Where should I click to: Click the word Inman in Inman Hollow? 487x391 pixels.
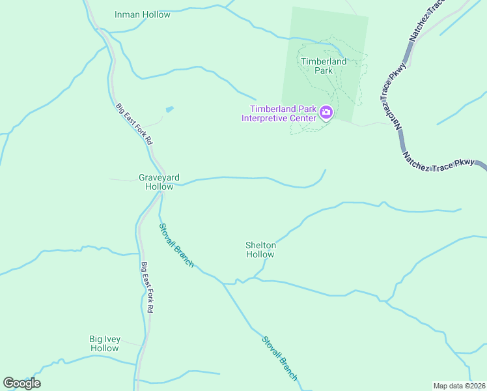coord(128,14)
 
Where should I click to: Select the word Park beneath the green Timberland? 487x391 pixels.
coord(324,70)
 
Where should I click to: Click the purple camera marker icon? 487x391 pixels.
coord(326,114)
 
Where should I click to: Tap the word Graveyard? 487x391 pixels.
coord(159,177)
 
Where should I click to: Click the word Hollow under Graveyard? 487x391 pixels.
coord(159,186)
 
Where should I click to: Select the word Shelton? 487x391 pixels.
coord(260,246)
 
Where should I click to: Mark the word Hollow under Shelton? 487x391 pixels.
coord(260,255)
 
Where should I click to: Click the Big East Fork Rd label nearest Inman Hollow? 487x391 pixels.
coord(134,124)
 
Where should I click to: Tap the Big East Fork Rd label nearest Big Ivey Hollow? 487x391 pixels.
coord(146,288)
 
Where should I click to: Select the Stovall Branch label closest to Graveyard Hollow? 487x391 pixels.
coord(177,244)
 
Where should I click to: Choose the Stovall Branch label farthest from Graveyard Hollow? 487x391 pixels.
coord(280,358)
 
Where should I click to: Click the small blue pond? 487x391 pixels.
coord(170,109)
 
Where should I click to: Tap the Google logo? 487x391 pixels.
coord(21,383)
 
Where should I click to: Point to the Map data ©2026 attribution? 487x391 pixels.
coord(459,385)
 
